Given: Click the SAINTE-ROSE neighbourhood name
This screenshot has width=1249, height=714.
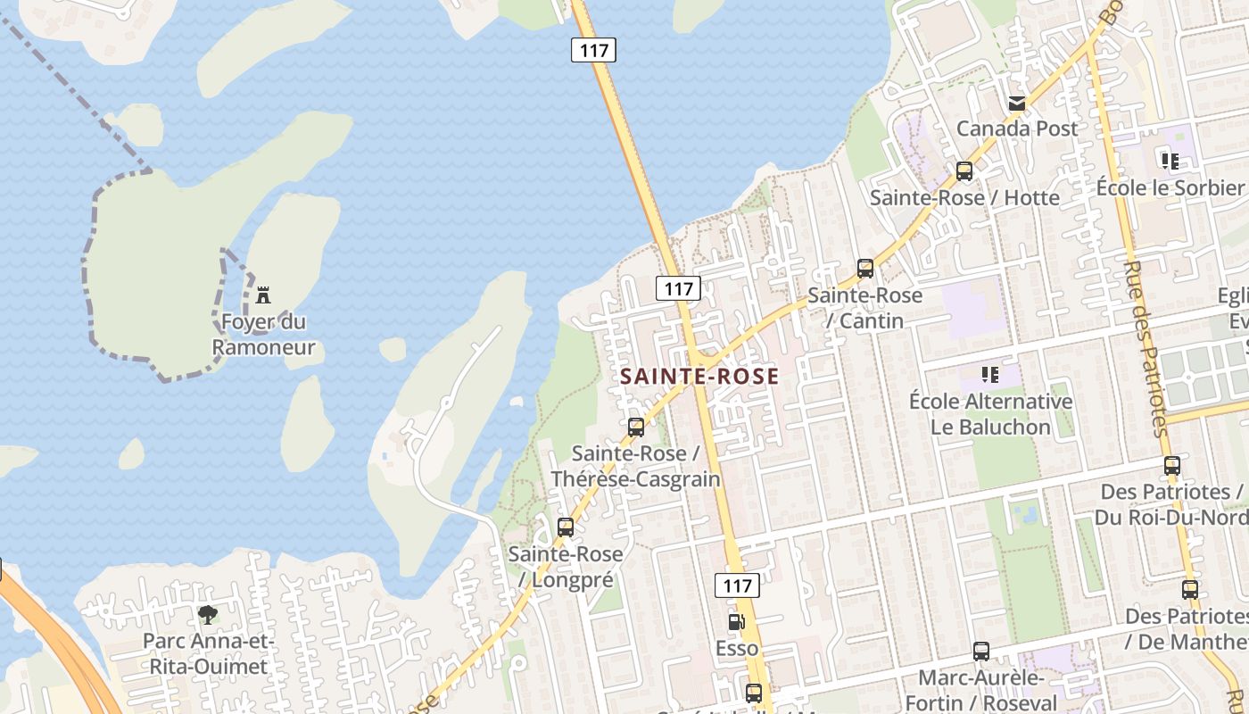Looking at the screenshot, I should coord(699,377).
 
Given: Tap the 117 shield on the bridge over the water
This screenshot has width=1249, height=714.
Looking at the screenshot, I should coord(593,50).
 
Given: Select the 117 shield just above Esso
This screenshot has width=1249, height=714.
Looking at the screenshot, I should coord(737,585).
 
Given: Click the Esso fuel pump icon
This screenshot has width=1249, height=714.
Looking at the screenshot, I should coord(736,622).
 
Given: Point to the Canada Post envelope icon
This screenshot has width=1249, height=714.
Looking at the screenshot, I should coord(1016,104).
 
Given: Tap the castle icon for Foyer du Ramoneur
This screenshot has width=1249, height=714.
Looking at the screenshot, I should coord(263,295).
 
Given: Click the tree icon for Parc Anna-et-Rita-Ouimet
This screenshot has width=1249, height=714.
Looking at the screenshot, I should coord(208,615).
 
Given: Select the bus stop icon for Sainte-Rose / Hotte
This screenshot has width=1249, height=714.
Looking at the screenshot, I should coord(964,171).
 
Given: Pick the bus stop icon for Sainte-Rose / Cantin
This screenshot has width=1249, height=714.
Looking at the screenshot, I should coord(864,269).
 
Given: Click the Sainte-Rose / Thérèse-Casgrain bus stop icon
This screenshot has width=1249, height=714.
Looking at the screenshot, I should coord(635,428).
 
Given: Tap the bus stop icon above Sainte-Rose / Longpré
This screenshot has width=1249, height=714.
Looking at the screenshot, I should coord(566,527).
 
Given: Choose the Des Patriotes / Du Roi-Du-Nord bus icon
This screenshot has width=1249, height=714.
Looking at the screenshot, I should coord(1172,466).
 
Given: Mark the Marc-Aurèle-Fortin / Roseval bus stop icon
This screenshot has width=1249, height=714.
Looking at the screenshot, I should coord(981,652).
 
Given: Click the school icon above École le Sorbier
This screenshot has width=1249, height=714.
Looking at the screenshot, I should coord(1170,162).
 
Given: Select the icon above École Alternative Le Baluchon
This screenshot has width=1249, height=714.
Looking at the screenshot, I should coord(989,375).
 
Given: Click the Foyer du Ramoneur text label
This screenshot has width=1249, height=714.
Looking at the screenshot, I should coord(264,334).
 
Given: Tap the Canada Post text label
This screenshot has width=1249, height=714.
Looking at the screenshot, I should coord(1017,129).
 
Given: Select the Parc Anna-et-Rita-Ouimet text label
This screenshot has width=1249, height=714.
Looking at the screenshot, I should coord(208,654).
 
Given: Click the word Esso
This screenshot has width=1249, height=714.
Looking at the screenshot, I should coord(737,648).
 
